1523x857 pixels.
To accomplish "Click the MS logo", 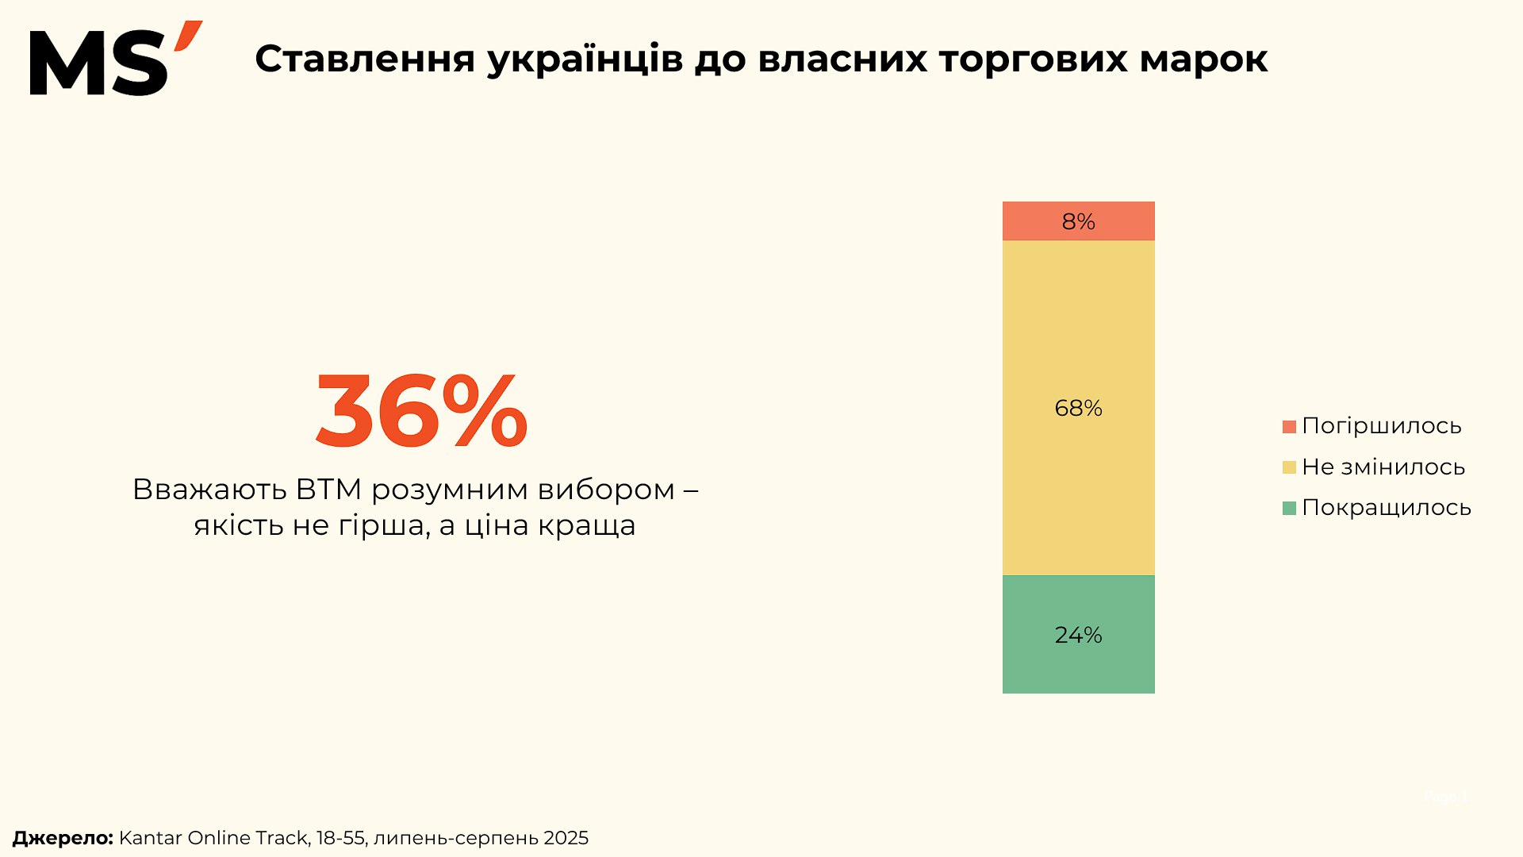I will pyautogui.click(x=115, y=60).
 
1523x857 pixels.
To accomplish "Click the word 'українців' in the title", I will pyautogui.click(x=585, y=60).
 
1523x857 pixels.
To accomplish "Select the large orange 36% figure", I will pyautogui.click(x=421, y=411).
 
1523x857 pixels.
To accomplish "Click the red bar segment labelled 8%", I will pyautogui.click(x=1078, y=221).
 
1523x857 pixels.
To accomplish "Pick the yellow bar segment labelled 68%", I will pyautogui.click(x=1078, y=408).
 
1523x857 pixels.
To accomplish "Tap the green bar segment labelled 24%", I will pyautogui.click(x=1078, y=635).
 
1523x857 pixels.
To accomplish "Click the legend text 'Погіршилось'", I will pyautogui.click(x=1381, y=426).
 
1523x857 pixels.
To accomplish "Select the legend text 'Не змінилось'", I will pyautogui.click(x=1383, y=467).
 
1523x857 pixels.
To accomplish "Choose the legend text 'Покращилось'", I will pyautogui.click(x=1386, y=508).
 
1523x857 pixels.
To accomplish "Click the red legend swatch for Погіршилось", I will pyautogui.click(x=1289, y=427).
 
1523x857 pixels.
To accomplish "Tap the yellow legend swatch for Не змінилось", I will pyautogui.click(x=1289, y=467).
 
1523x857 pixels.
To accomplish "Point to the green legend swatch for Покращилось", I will pyautogui.click(x=1289, y=508).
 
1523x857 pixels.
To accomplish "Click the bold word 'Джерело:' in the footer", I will pyautogui.click(x=63, y=838).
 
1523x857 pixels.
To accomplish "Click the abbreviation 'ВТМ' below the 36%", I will pyautogui.click(x=328, y=490).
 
